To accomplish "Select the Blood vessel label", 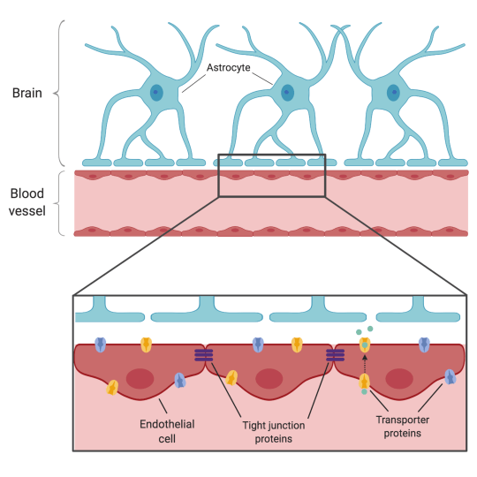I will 27,201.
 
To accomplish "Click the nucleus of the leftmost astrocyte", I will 156,92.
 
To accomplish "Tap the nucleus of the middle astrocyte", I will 286,92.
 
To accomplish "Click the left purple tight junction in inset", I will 204,355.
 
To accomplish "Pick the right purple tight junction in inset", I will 335,355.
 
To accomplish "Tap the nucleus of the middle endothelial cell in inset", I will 270,379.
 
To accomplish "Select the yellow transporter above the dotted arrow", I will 364,344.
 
